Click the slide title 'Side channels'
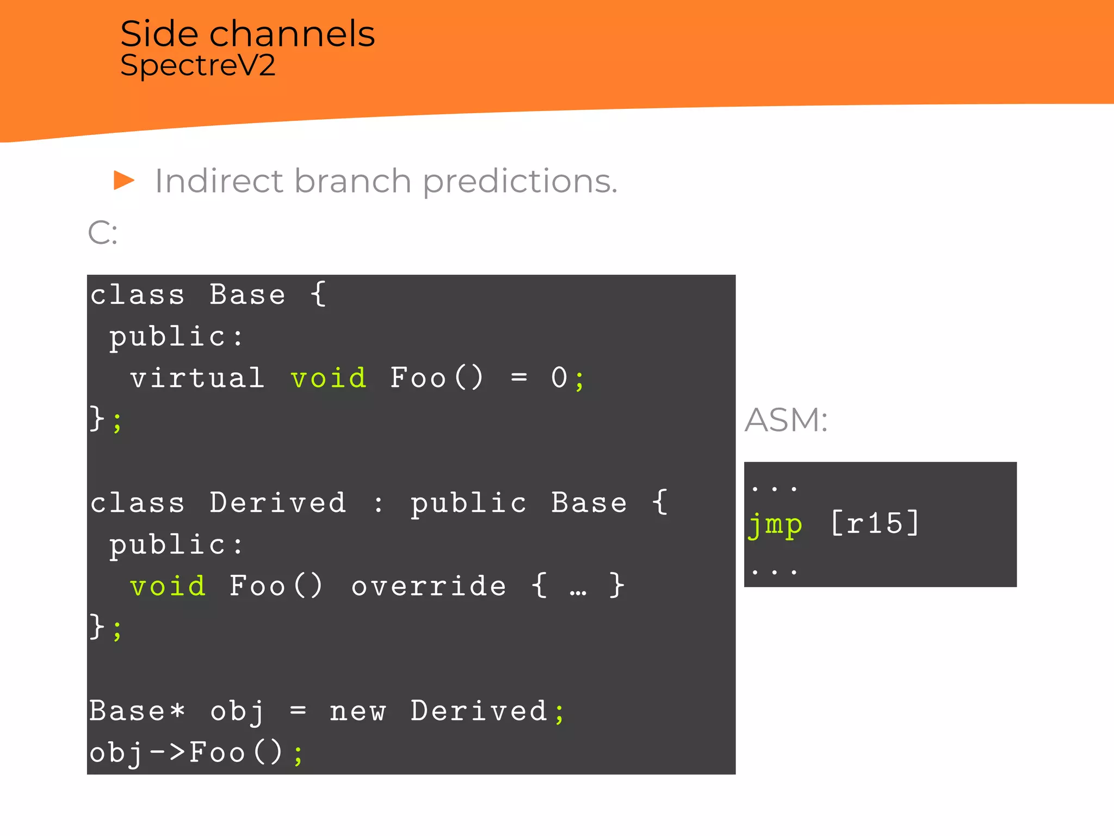247,34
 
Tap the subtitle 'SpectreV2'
198,66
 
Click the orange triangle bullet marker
124,180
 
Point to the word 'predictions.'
520,182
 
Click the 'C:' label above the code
102,233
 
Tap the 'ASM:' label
785,420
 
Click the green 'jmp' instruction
775,524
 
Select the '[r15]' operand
875,523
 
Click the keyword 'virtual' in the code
197,378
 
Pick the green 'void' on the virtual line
329,378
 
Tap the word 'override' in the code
429,586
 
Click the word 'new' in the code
358,711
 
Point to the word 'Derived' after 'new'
479,711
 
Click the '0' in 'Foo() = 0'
559,378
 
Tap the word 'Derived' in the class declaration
278,502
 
